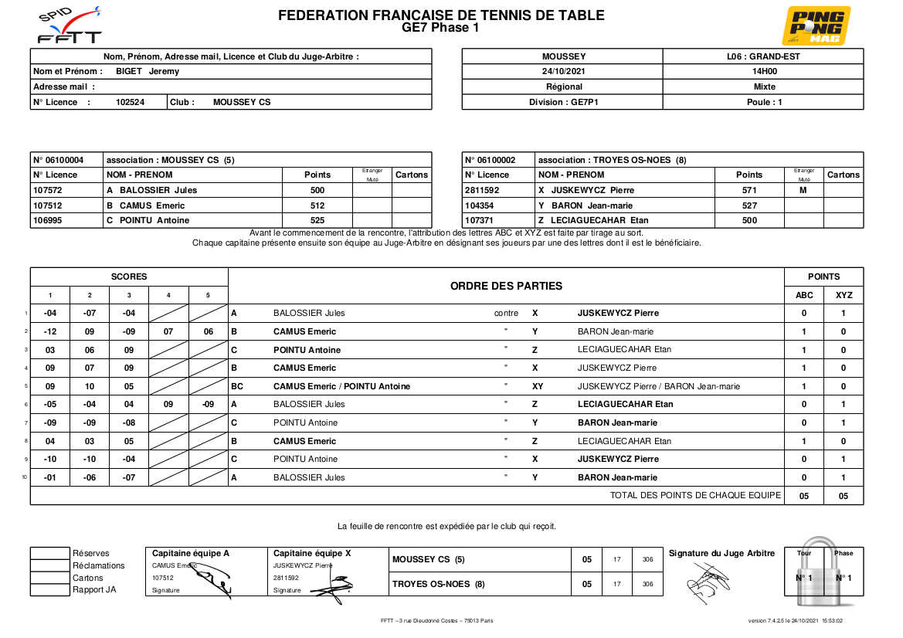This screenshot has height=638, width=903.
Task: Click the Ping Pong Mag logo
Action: click(x=816, y=25)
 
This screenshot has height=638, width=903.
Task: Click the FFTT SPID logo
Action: click(x=70, y=25)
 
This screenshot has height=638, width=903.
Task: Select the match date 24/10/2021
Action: click(x=564, y=71)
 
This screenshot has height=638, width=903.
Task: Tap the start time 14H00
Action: click(x=764, y=71)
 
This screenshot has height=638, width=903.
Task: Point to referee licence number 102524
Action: click(x=130, y=102)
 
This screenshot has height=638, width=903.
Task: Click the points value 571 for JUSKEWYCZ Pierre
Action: click(x=749, y=190)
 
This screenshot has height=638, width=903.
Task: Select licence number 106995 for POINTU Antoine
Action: click(x=48, y=220)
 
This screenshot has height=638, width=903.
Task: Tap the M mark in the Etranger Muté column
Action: click(x=803, y=190)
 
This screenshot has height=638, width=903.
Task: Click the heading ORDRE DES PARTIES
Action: click(x=506, y=286)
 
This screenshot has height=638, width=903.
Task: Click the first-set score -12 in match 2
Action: click(x=50, y=331)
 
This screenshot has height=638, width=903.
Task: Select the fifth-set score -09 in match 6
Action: click(x=208, y=404)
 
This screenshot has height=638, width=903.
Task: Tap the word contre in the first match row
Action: click(x=506, y=314)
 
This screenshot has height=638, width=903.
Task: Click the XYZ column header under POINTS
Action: click(x=844, y=295)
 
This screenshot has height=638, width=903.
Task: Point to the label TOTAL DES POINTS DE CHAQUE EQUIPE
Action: click(x=695, y=495)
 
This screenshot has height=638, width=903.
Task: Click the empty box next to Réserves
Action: click(x=49, y=553)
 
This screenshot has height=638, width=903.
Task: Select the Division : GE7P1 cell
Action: click(x=564, y=102)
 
